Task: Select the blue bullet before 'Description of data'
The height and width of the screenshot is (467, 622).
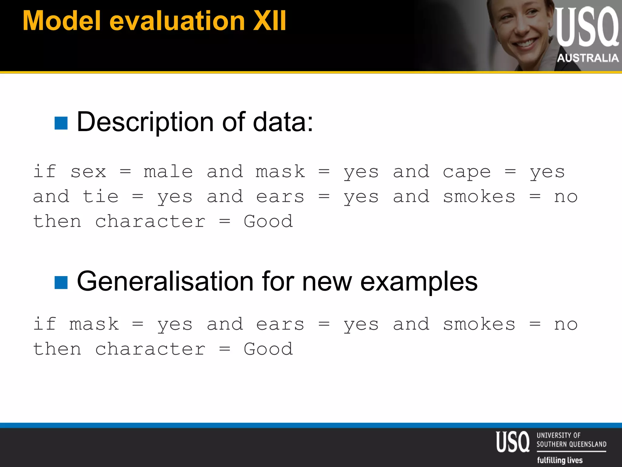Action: pyautogui.click(x=61, y=123)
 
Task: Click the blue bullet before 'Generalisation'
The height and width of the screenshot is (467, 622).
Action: pyautogui.click(x=61, y=282)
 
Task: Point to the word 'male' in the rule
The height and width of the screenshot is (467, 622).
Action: pyautogui.click(x=168, y=172)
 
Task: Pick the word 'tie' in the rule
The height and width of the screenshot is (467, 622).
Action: pyautogui.click(x=100, y=196)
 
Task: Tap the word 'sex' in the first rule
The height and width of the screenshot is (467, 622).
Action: pyautogui.click(x=88, y=172)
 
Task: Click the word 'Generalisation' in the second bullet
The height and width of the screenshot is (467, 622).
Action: pyautogui.click(x=165, y=281)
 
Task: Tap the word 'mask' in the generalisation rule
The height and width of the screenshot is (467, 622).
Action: pyautogui.click(x=94, y=324)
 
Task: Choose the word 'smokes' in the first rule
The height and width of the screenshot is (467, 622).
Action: pyautogui.click(x=479, y=197)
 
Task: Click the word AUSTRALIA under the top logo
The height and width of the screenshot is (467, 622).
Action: pyautogui.click(x=588, y=58)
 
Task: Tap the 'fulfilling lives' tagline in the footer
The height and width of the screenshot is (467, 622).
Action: pyautogui.click(x=560, y=460)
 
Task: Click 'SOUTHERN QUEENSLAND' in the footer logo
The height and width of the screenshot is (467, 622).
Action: pyautogui.click(x=571, y=444)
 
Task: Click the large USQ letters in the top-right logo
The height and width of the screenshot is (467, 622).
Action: pyautogui.click(x=587, y=27)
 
